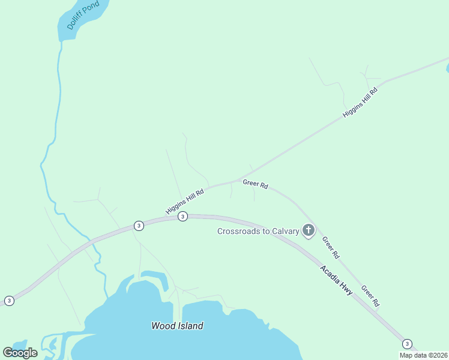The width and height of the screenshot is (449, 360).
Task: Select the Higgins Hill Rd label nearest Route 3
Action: [x=185, y=202]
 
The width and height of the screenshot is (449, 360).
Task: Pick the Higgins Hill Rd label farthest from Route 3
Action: [x=360, y=102]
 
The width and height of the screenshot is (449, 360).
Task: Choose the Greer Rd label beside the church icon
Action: [x=331, y=247]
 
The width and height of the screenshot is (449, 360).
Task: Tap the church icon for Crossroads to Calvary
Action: [x=309, y=230]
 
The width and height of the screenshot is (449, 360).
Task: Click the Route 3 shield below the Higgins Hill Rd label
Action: [x=183, y=216]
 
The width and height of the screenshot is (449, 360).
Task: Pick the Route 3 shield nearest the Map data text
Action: [x=408, y=344]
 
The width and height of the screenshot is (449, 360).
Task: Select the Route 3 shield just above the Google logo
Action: [x=9, y=301]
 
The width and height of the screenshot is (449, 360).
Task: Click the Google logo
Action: [x=20, y=353]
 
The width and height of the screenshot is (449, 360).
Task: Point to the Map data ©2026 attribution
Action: [x=423, y=355]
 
